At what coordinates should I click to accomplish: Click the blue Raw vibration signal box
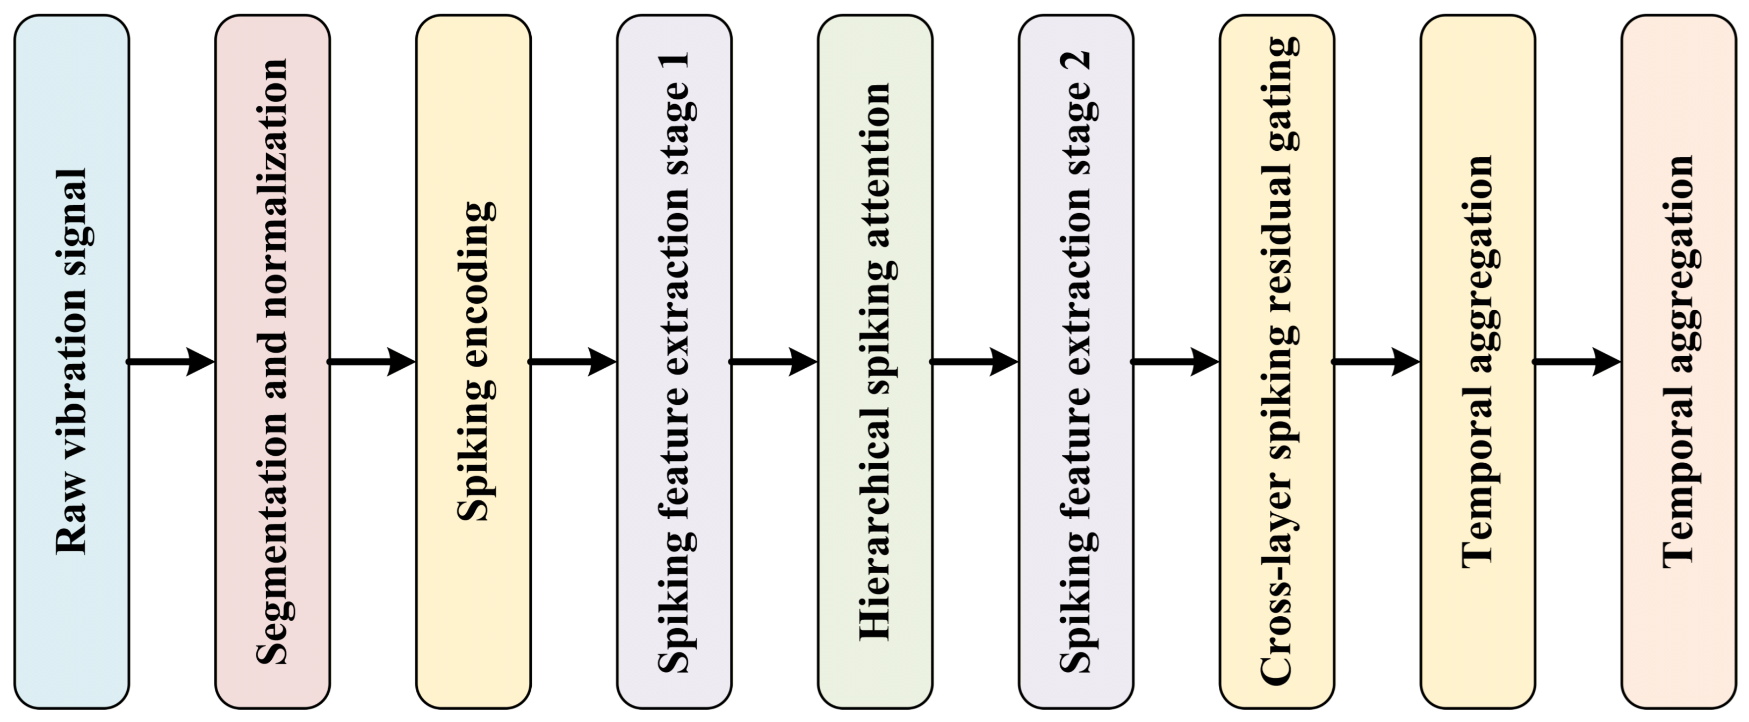point(72,362)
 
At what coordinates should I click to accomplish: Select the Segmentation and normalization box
point(273,362)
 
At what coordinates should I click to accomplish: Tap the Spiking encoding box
point(473,362)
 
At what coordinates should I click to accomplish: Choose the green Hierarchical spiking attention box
point(875,362)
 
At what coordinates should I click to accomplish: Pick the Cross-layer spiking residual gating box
point(1277,362)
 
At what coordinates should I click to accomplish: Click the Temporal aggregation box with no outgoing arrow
point(1679,362)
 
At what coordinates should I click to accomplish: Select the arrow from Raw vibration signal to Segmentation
point(172,362)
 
